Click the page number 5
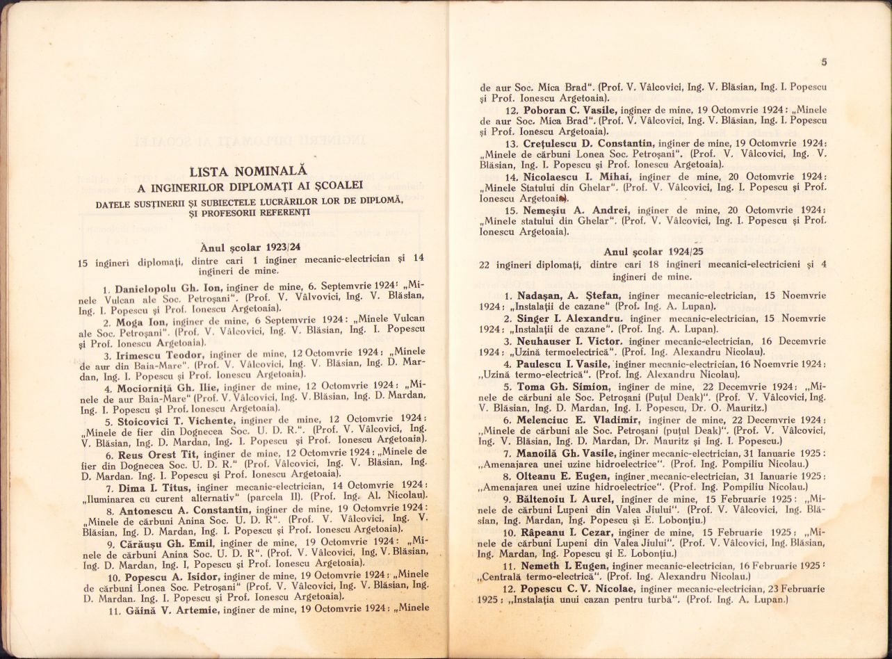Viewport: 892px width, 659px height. pyautogui.click(x=824, y=63)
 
